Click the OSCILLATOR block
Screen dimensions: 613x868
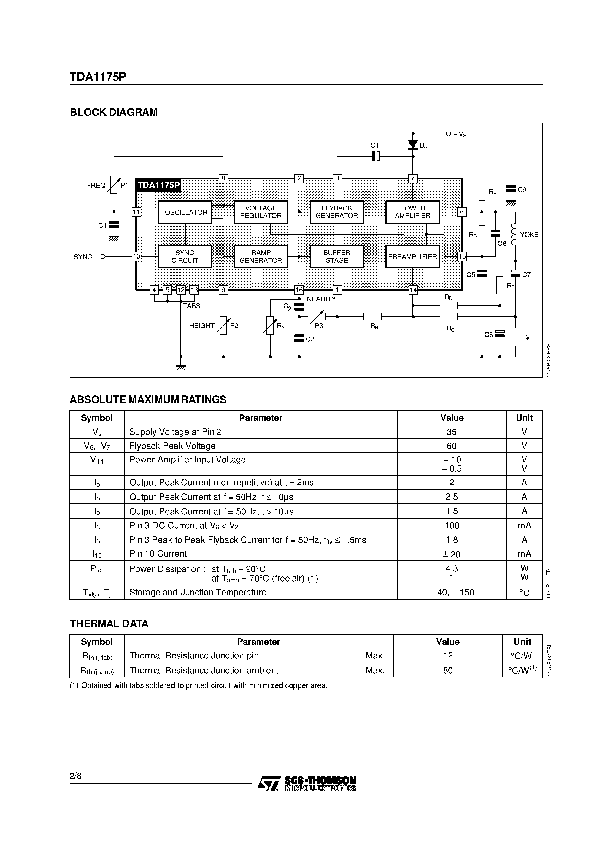pos(185,212)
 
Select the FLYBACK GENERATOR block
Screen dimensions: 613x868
pos(337,212)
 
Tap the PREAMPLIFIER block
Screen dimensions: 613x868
pos(412,257)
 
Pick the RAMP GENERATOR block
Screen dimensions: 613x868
pos(261,257)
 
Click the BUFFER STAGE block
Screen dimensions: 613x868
pos(337,257)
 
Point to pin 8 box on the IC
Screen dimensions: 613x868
pos(223,178)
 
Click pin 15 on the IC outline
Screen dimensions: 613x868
pos(462,257)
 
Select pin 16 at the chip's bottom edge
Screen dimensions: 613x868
pos(299,290)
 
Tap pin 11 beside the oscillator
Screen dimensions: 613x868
pos(136,212)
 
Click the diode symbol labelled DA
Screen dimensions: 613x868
pos(413,145)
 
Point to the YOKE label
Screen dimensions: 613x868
pos(529,235)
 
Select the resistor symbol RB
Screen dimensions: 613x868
pos(373,317)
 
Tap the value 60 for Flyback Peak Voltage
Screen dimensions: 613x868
pos(452,446)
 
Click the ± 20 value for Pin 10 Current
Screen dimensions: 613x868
pos(452,554)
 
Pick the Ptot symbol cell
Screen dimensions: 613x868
pos(97,569)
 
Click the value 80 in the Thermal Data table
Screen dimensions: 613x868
pos(448,670)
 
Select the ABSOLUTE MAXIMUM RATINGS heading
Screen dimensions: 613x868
pos(148,400)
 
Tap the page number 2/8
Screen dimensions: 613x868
pos(76,776)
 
